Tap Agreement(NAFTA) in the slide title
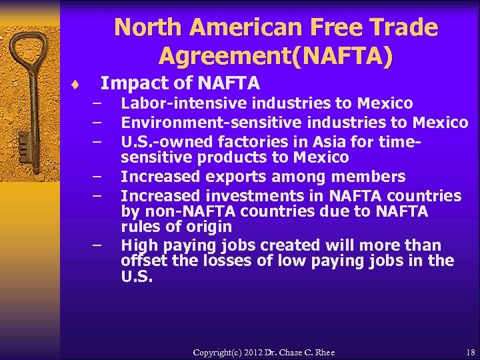[276, 55]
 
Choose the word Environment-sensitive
[197, 122]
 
